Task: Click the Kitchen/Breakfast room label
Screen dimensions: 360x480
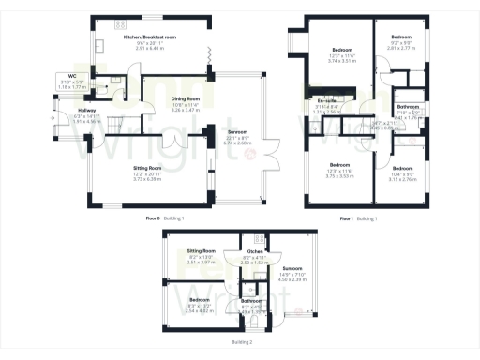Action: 150,37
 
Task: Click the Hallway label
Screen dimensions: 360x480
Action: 87,111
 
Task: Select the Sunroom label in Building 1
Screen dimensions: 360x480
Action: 238,132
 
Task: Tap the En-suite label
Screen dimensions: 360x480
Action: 328,99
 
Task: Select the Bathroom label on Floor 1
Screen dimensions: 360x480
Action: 407,108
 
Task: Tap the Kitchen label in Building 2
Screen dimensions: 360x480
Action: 254,251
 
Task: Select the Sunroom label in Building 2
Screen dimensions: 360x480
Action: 293,269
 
